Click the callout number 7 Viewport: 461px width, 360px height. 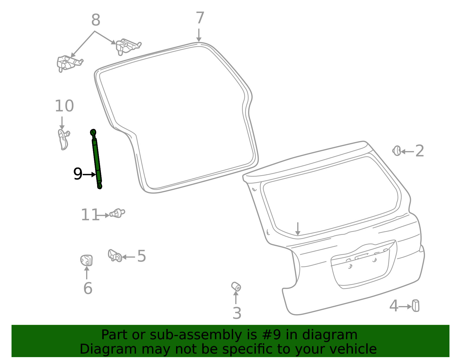click(200, 18)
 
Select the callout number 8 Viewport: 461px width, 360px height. click(96, 20)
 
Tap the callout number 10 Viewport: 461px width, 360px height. click(64, 106)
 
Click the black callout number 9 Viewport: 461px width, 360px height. click(78, 174)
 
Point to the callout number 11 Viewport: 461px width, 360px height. click(90, 215)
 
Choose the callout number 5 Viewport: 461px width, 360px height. click(141, 256)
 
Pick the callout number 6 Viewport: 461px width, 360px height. click(88, 288)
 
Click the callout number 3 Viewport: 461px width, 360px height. click(237, 313)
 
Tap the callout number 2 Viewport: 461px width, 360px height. click(420, 151)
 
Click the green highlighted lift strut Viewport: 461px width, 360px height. click(96, 159)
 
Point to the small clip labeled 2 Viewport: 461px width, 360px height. click(396, 151)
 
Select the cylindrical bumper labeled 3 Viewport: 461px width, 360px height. click(236, 287)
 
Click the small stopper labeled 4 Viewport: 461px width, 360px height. click(415, 306)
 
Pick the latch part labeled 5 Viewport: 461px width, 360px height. click(115, 256)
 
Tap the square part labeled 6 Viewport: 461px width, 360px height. click(86, 260)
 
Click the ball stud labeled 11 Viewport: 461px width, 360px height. click(117, 213)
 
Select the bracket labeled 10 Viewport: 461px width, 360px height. click(64, 140)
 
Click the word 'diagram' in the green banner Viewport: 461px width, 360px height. click(330, 335)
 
